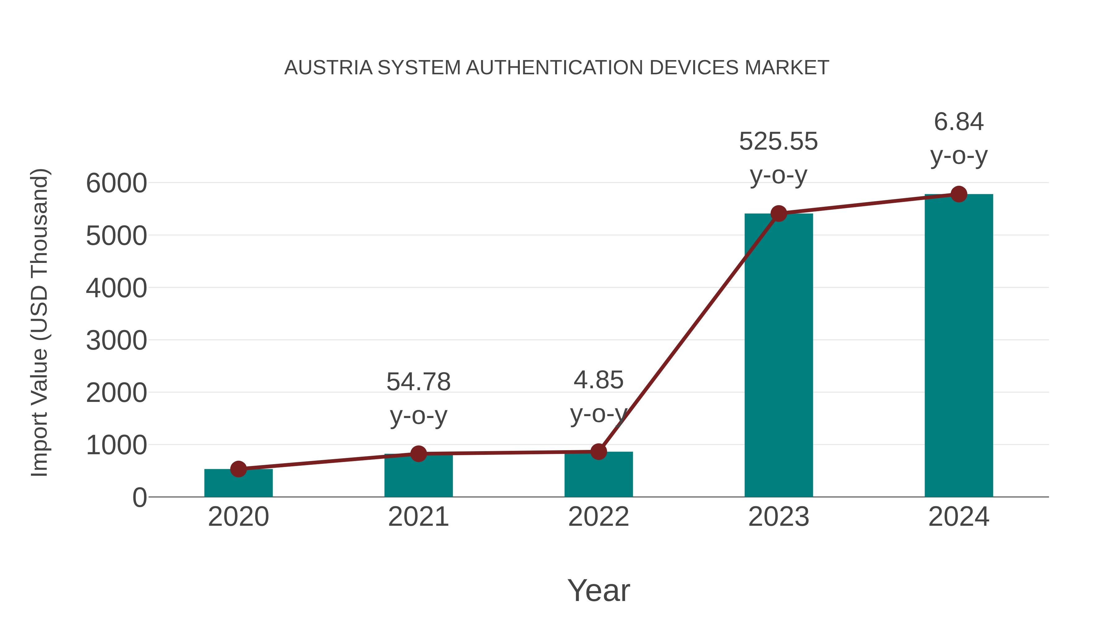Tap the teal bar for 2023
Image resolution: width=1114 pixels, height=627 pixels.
[x=779, y=355]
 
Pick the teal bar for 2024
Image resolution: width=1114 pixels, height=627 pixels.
[x=959, y=346]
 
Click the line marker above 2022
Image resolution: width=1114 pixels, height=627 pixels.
[x=598, y=451]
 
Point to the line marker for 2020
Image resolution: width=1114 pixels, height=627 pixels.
[x=238, y=469]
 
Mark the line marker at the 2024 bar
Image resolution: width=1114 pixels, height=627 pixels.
[x=959, y=194]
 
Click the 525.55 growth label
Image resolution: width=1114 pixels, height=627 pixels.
[x=779, y=142]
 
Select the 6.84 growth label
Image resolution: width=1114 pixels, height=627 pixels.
[x=959, y=122]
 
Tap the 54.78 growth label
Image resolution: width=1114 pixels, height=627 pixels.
[x=418, y=382]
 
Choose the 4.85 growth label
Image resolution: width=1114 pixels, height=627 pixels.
[x=598, y=380]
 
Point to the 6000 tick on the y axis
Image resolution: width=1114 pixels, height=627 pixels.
[x=116, y=183]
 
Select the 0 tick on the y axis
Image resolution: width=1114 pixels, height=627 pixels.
[x=139, y=498]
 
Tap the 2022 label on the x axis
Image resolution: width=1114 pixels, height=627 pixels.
[x=598, y=517]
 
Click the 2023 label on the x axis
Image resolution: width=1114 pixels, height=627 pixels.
[x=779, y=517]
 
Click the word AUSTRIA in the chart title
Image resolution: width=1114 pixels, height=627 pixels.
[x=328, y=67]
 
